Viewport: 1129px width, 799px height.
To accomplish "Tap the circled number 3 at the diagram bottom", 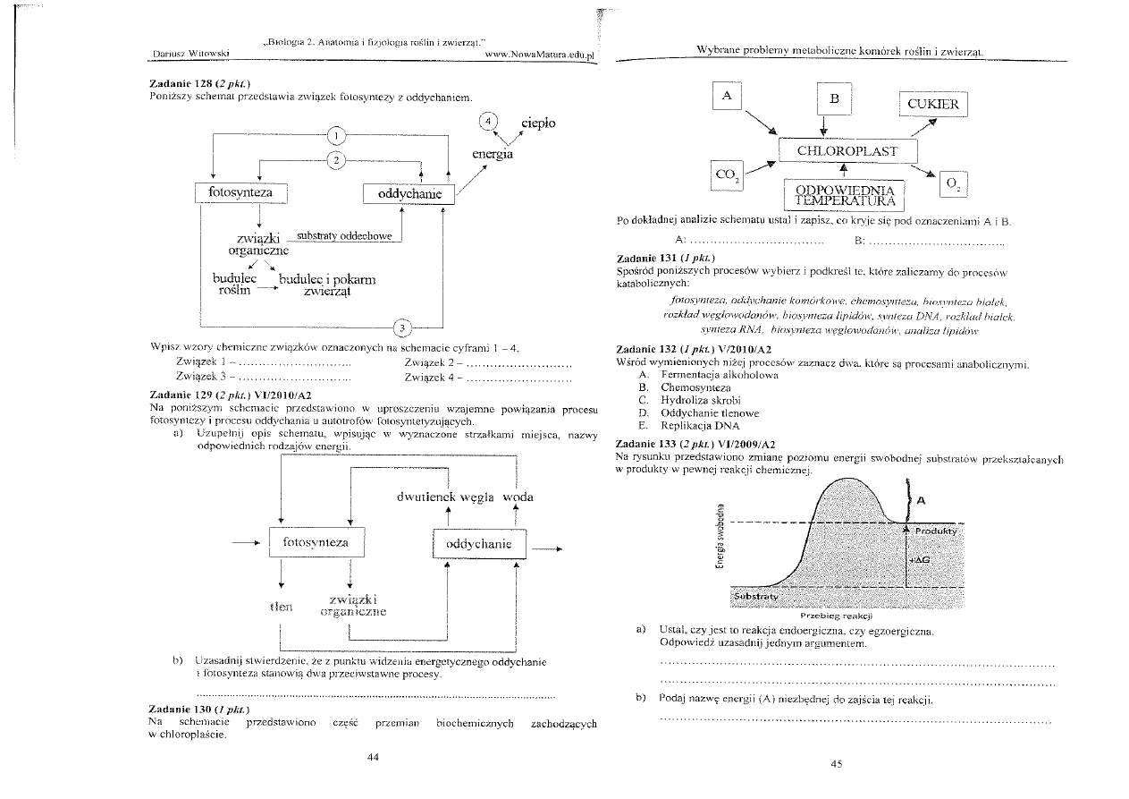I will click(403, 327).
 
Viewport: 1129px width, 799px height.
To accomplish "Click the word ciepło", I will click(532, 123).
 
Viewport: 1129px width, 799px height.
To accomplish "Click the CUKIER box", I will click(932, 104).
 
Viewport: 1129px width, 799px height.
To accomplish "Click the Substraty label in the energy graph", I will click(755, 596).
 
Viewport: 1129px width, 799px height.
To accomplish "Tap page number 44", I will click(374, 757).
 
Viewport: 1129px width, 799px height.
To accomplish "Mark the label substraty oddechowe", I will click(344, 237).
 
